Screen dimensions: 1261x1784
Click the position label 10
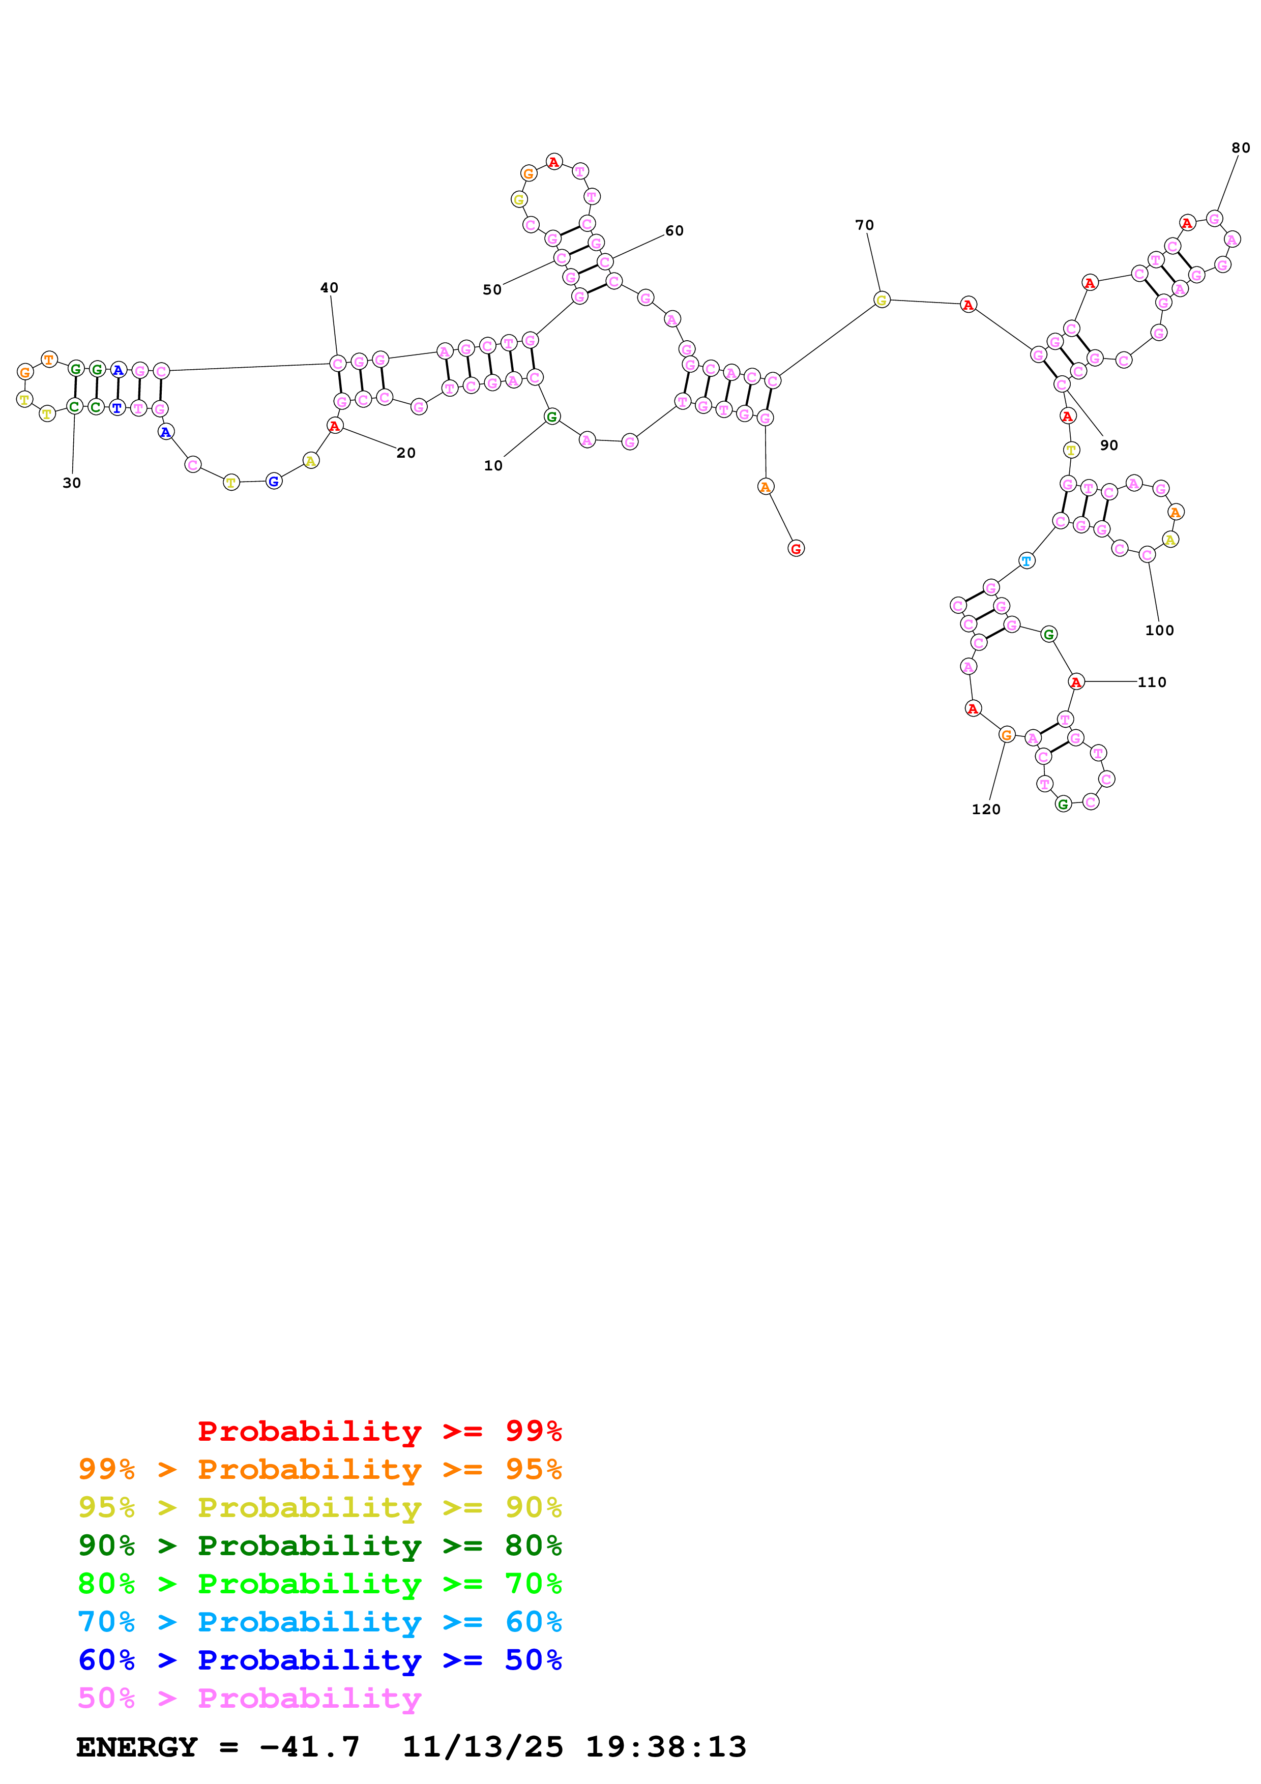492,465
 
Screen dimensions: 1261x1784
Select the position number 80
1240,147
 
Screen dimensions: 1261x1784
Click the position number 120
985,809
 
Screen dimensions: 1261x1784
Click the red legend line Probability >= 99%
379,1431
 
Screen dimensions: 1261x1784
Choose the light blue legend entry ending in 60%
319,1622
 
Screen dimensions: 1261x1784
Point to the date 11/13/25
482,1747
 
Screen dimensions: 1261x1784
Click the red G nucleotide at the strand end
796,549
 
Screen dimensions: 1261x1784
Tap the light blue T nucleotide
1027,560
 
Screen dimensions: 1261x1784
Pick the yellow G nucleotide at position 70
881,300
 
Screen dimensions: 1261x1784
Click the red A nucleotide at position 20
334,426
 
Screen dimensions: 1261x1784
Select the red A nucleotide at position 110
1075,682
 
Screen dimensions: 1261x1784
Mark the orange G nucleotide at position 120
1006,734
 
